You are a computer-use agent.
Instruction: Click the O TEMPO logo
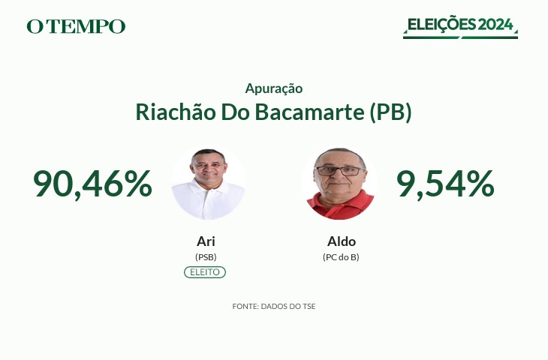coord(76,26)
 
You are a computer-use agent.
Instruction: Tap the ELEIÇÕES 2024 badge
coord(460,27)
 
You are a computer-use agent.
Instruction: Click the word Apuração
coord(274,88)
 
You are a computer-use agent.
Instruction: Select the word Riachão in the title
coord(176,112)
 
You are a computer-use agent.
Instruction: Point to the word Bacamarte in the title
coord(309,112)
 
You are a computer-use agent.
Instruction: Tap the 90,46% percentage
coord(92,184)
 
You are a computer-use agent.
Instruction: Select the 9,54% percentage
coord(445,184)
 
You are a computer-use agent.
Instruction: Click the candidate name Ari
coord(206,241)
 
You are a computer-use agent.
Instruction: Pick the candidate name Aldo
coord(342,241)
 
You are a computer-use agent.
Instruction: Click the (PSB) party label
coord(206,257)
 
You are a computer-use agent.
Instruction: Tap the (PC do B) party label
coord(341,257)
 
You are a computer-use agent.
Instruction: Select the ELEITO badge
coord(205,272)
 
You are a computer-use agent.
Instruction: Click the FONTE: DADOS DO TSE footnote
coord(274,306)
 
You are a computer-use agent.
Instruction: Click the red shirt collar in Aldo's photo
coord(341,199)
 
